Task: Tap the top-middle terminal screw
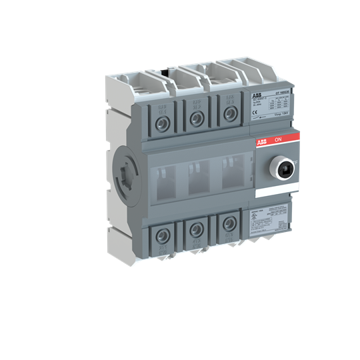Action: coord(196,121)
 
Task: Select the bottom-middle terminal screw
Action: coord(196,230)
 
